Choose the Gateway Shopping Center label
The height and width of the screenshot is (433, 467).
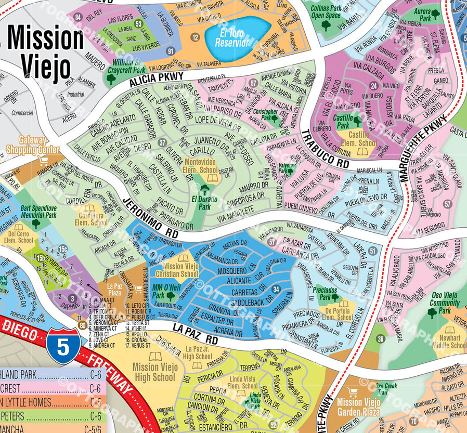(x=33, y=145)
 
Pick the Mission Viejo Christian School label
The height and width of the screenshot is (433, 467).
(x=180, y=270)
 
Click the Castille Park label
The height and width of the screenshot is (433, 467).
(x=343, y=122)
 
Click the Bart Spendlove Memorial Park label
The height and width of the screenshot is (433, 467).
(x=38, y=212)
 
